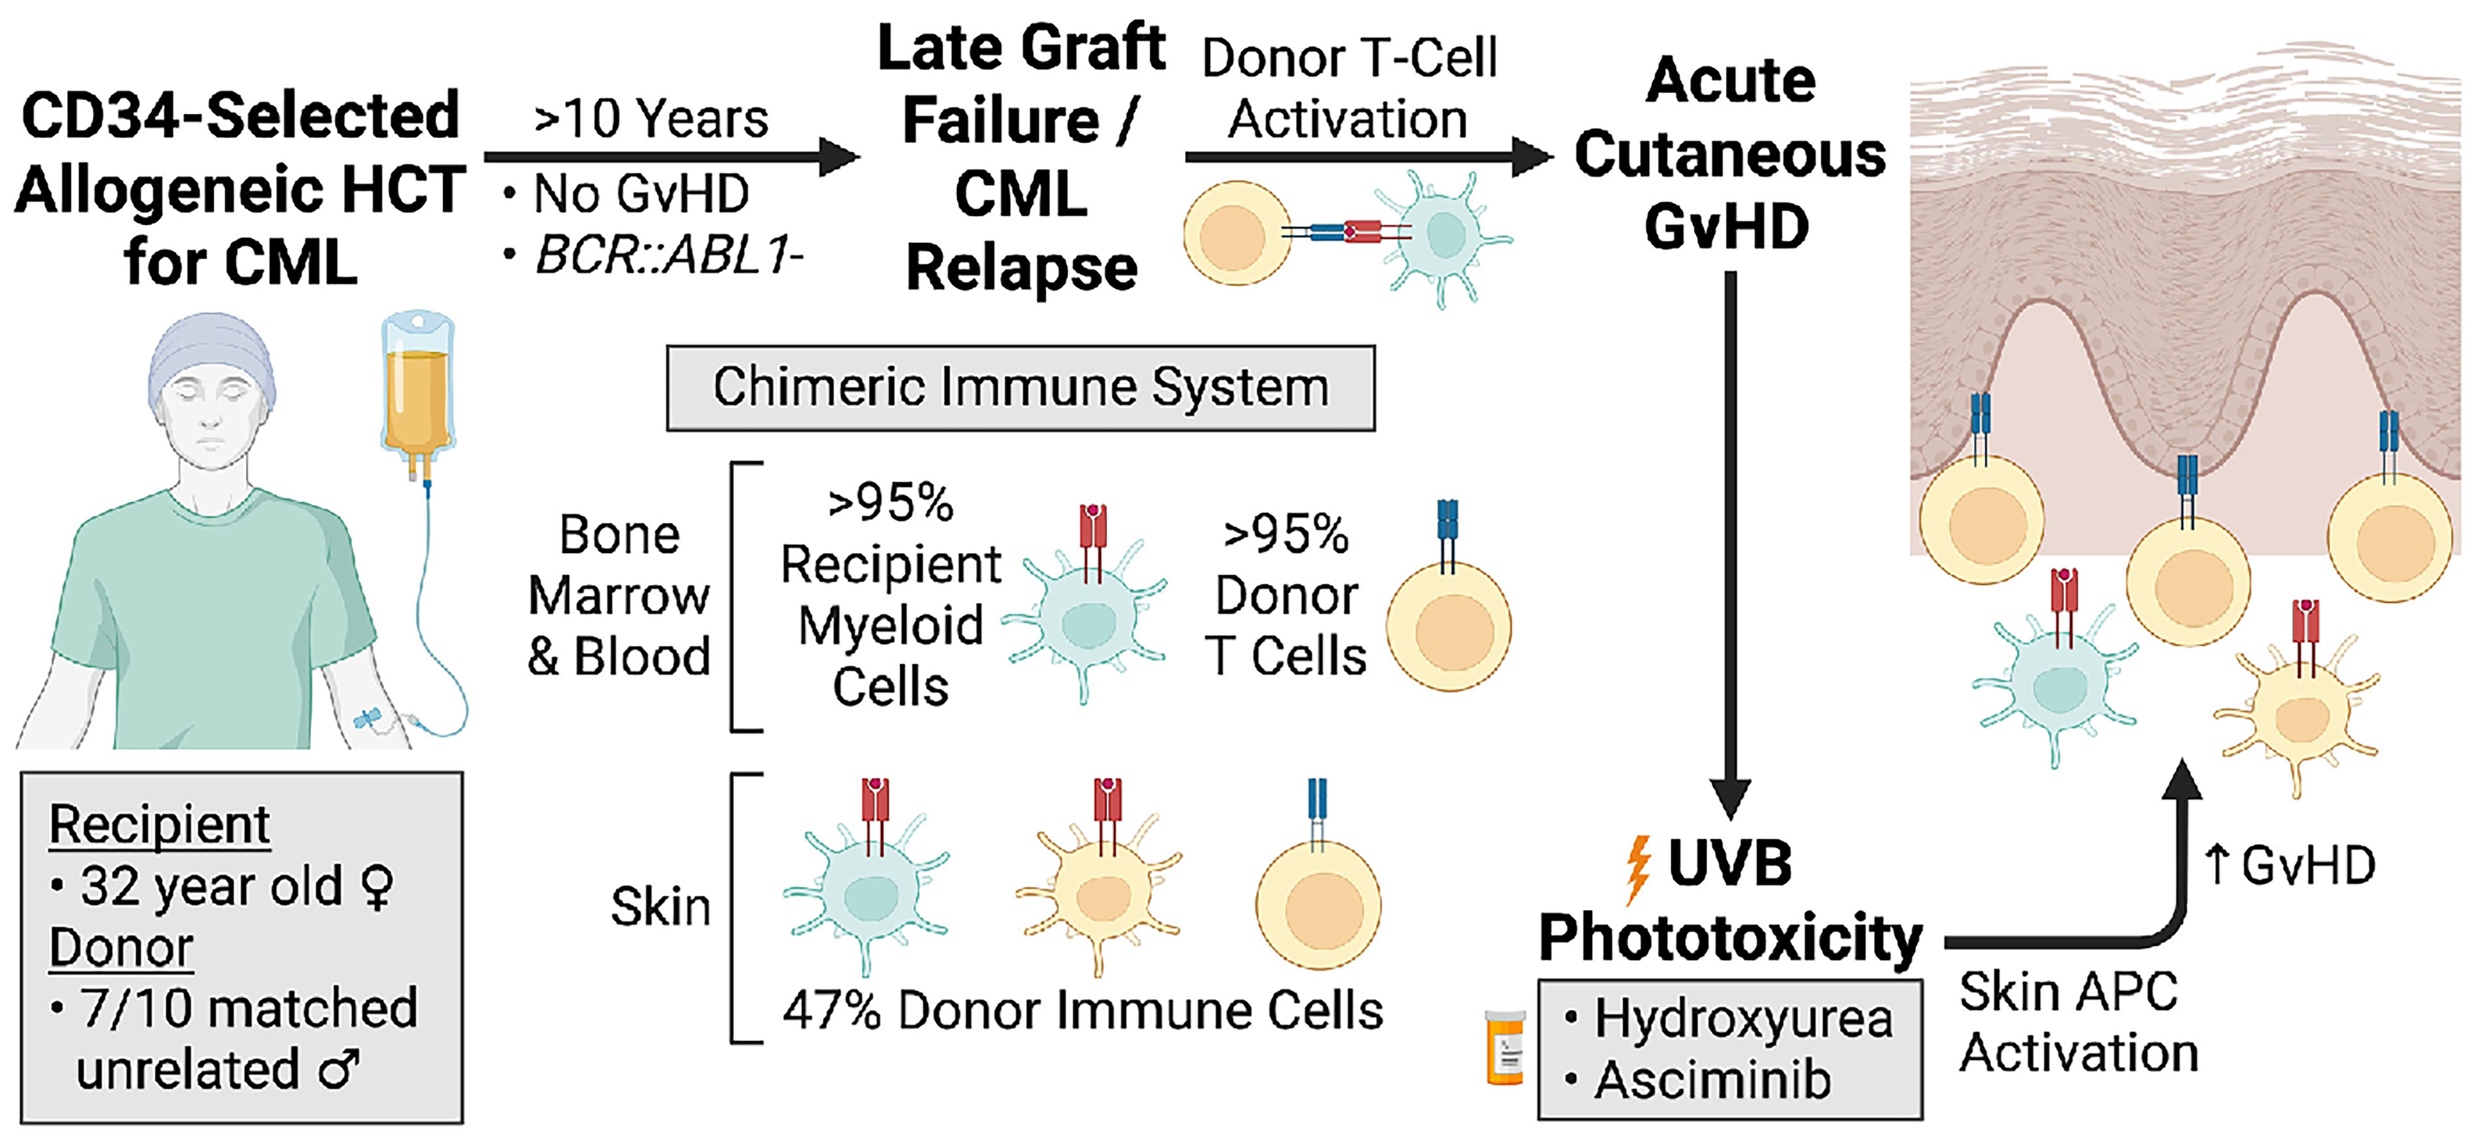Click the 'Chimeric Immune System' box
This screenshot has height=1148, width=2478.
1020,388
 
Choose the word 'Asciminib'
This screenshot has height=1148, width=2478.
1712,1080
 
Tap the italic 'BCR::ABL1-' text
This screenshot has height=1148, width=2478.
669,255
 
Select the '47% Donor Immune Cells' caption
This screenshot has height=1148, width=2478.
1082,1011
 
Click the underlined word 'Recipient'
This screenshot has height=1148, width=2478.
160,825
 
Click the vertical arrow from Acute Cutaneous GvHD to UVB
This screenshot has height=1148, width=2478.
1730,539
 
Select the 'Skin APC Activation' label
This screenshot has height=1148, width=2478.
2078,1022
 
